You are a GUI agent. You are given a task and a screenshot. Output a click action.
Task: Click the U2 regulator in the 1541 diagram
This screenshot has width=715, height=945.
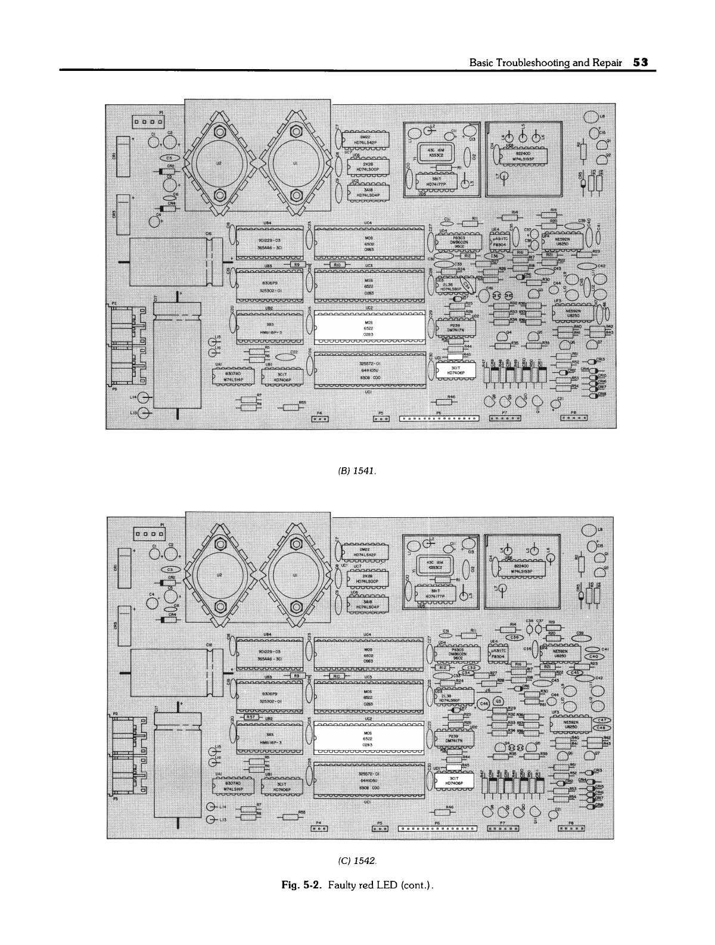pyautogui.click(x=219, y=162)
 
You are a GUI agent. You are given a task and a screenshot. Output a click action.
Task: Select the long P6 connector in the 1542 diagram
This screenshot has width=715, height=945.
pyautogui.click(x=439, y=828)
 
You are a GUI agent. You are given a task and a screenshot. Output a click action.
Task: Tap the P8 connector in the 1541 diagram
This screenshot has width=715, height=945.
pyautogui.click(x=574, y=418)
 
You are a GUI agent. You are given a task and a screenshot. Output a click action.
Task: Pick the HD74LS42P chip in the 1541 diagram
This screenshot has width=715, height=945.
pyautogui.click(x=368, y=140)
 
